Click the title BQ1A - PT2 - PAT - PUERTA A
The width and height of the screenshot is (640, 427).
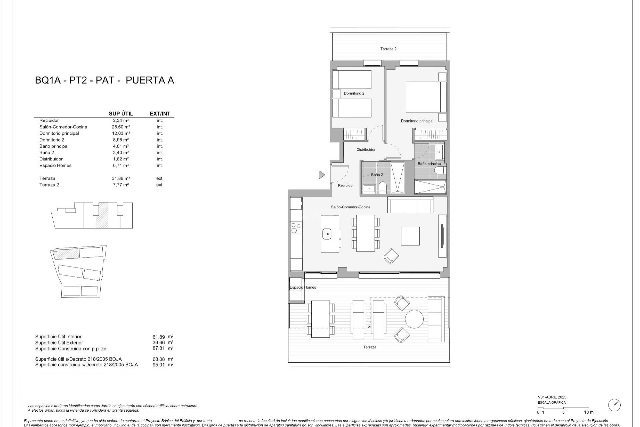pyautogui.click(x=104, y=80)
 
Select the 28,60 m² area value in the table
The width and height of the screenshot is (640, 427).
pyautogui.click(x=121, y=127)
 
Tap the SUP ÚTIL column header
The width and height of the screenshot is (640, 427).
pyautogui.click(x=121, y=114)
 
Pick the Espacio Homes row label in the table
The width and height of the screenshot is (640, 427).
pyautogui.click(x=55, y=165)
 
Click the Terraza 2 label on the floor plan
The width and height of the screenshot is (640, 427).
pyautogui.click(x=388, y=49)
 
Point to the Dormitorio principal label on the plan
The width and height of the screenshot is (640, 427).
pyautogui.click(x=417, y=121)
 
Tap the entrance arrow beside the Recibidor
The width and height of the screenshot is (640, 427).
pyautogui.click(x=321, y=174)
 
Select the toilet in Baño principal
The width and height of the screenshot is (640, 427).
pyautogui.click(x=440, y=171)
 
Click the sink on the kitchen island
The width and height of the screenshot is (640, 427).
pyautogui.click(x=328, y=234)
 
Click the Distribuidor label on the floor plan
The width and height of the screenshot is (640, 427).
pyautogui.click(x=366, y=150)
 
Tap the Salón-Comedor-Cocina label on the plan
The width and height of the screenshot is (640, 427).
pyautogui.click(x=350, y=207)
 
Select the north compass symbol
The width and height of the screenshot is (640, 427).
pyautogui.click(x=614, y=405)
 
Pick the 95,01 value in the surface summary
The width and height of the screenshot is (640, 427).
pyautogui.click(x=158, y=365)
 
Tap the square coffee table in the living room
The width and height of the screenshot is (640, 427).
pyautogui.click(x=410, y=236)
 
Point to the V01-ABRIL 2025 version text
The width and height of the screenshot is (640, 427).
pyautogui.click(x=552, y=397)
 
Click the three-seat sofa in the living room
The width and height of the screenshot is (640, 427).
pyautogui.click(x=410, y=205)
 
